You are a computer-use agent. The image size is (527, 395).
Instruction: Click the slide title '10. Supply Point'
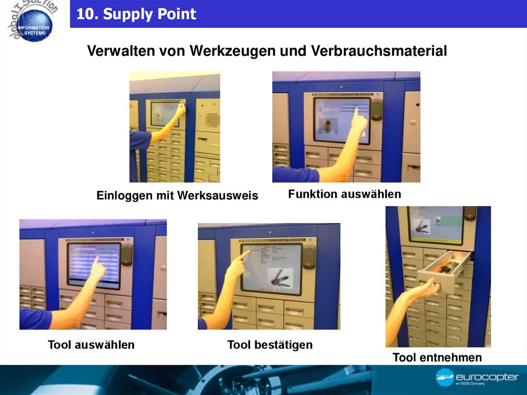(x=136, y=14)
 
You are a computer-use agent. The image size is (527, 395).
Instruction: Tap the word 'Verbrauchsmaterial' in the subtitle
(x=379, y=51)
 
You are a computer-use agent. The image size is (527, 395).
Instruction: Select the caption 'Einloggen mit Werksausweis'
(x=177, y=196)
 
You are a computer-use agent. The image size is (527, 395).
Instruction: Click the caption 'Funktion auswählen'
(x=344, y=194)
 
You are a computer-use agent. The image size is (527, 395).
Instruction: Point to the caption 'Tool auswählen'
(x=91, y=345)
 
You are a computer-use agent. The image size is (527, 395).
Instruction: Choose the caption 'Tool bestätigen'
(x=270, y=345)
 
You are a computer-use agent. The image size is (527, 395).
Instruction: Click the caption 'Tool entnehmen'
(x=437, y=357)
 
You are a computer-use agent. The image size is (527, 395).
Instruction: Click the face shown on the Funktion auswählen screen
(x=327, y=126)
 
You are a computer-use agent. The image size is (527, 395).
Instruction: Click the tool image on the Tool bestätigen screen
(x=280, y=278)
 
